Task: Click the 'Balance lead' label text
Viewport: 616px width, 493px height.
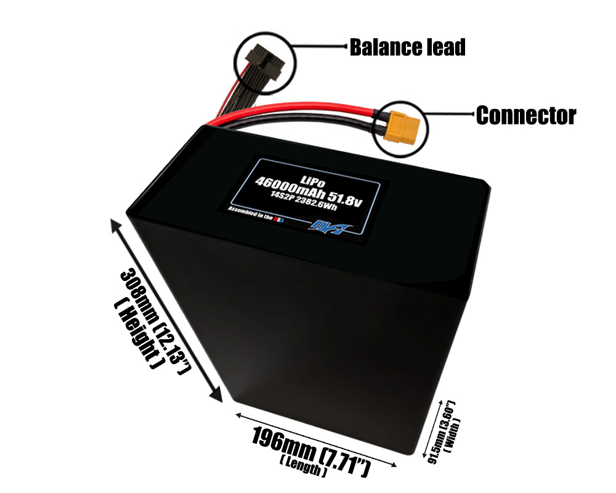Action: pyautogui.click(x=407, y=47)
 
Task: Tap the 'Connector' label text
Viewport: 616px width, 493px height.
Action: pyautogui.click(x=525, y=115)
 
